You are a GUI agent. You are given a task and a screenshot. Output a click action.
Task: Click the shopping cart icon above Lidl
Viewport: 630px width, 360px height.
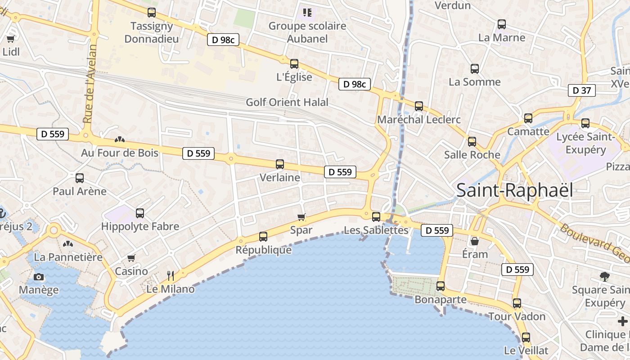pyautogui.click(x=11, y=39)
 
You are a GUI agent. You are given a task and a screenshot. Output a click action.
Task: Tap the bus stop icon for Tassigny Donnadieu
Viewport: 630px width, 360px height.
pyautogui.click(x=152, y=13)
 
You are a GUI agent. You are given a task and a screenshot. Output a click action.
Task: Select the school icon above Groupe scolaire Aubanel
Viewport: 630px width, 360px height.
pyautogui.click(x=307, y=12)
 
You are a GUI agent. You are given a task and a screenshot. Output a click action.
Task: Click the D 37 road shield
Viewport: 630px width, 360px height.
pyautogui.click(x=582, y=90)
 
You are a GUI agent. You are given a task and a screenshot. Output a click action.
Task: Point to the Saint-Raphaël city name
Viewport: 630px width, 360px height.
pyautogui.click(x=515, y=190)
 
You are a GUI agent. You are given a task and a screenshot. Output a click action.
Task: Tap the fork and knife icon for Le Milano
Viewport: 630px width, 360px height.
pyautogui.click(x=171, y=275)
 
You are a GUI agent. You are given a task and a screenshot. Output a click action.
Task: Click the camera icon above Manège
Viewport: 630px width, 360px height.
pyautogui.click(x=39, y=277)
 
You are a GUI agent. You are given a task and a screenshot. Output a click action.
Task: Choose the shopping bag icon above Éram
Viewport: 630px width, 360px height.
pyautogui.click(x=475, y=242)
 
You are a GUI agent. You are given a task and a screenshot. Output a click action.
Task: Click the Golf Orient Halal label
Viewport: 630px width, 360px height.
pyautogui.click(x=287, y=102)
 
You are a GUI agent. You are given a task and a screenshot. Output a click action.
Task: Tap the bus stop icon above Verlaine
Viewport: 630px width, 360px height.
pyautogui.click(x=280, y=164)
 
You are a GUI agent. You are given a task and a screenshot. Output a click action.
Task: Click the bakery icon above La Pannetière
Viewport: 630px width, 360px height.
pyautogui.click(x=68, y=244)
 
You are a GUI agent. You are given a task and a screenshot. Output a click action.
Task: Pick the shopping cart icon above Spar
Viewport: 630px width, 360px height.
pyautogui.click(x=301, y=217)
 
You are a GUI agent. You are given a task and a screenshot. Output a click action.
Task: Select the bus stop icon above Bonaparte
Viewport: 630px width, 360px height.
pyautogui.click(x=441, y=286)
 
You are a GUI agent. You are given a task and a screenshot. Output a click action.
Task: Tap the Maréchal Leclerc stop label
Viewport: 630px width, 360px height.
pyautogui.click(x=419, y=120)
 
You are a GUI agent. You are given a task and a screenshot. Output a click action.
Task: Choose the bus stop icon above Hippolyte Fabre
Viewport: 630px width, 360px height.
pyautogui.click(x=140, y=213)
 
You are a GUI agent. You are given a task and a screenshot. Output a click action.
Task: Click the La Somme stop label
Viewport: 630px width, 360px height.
pyautogui.click(x=475, y=82)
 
